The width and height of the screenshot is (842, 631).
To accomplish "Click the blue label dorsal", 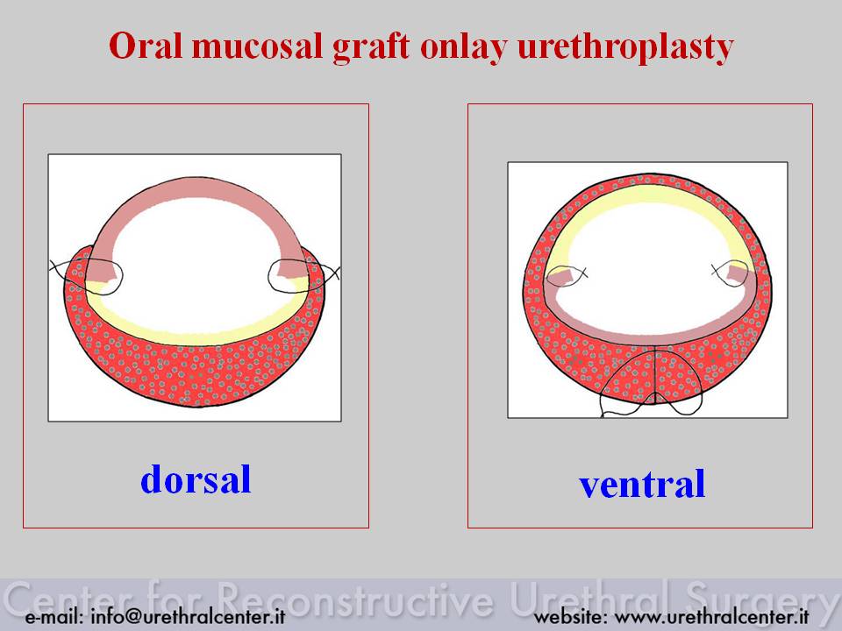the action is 196,479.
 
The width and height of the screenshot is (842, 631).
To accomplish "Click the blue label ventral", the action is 642,484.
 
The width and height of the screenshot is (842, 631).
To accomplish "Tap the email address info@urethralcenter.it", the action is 188,616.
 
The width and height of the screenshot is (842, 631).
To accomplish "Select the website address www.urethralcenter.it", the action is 711,616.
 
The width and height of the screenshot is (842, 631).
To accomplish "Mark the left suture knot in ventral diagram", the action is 566,275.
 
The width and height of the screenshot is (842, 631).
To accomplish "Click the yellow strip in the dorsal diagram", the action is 193,334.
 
